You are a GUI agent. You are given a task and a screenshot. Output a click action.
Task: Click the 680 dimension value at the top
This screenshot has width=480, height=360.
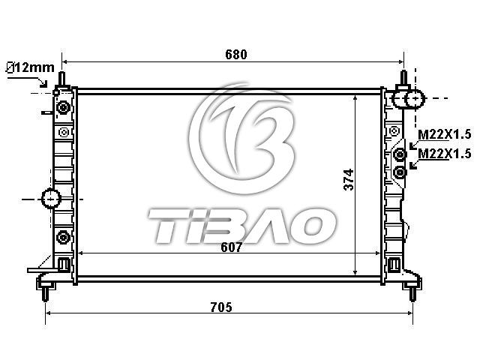click(236, 55)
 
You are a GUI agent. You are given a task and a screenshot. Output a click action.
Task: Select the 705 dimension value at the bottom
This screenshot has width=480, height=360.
click(221, 307)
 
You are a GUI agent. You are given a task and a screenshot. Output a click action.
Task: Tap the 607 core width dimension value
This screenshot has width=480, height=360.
click(232, 247)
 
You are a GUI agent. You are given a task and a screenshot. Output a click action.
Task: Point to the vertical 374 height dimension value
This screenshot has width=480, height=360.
click(349, 179)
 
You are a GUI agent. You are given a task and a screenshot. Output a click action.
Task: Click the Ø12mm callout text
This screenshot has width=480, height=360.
click(30, 67)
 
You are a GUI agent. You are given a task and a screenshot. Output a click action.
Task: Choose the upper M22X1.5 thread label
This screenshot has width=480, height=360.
click(445, 134)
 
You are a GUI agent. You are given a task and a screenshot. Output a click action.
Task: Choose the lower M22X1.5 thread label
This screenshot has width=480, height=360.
click(445, 153)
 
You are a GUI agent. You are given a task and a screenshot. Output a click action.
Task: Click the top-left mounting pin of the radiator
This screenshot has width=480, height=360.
click(62, 79)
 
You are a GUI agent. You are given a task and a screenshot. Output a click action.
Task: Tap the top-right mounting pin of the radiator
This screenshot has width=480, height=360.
click(403, 78)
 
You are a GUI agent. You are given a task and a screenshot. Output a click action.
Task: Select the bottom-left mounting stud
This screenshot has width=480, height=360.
click(45, 294)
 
